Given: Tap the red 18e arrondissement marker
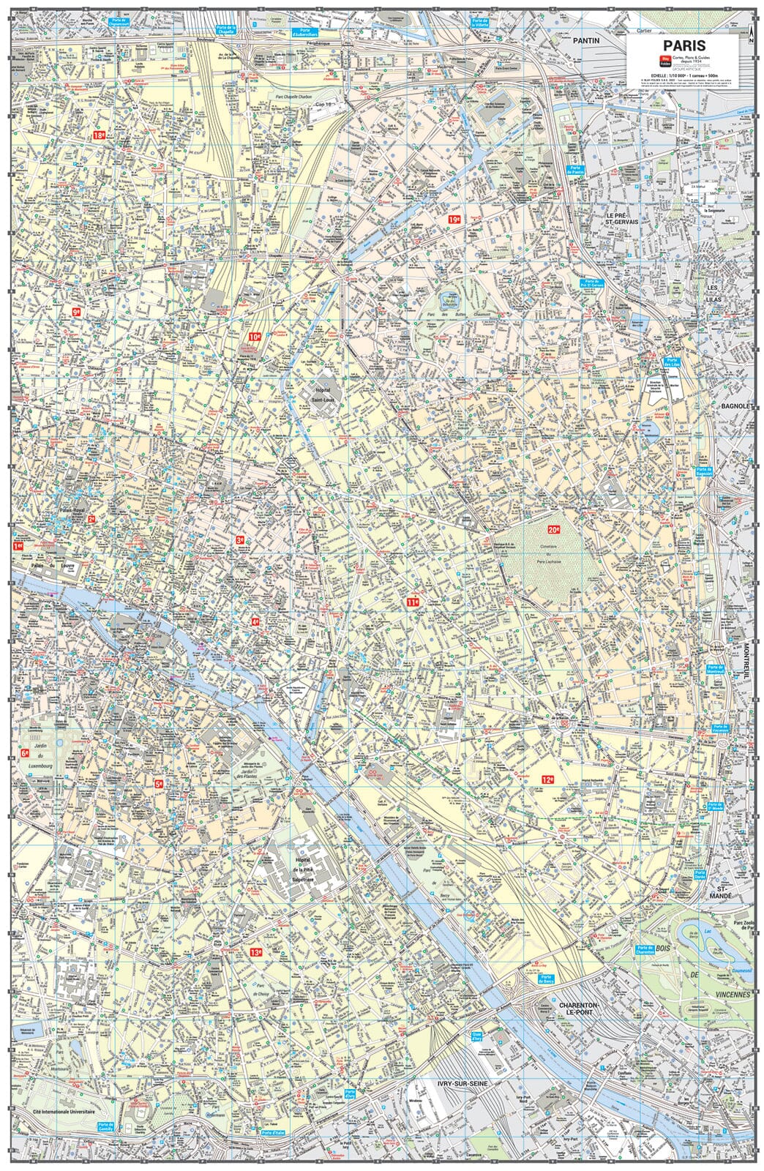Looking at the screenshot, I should [x=99, y=136].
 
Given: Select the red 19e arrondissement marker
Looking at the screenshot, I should [x=455, y=219].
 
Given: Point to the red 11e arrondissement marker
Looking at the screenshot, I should [x=413, y=602].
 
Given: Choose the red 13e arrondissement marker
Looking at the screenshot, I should [x=255, y=953].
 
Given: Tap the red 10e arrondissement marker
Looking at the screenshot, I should [x=255, y=337].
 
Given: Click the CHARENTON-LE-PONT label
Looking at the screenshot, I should [x=578, y=1010].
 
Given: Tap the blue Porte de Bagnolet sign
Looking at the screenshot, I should [x=705, y=473].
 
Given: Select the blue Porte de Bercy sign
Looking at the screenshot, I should [x=544, y=979].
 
